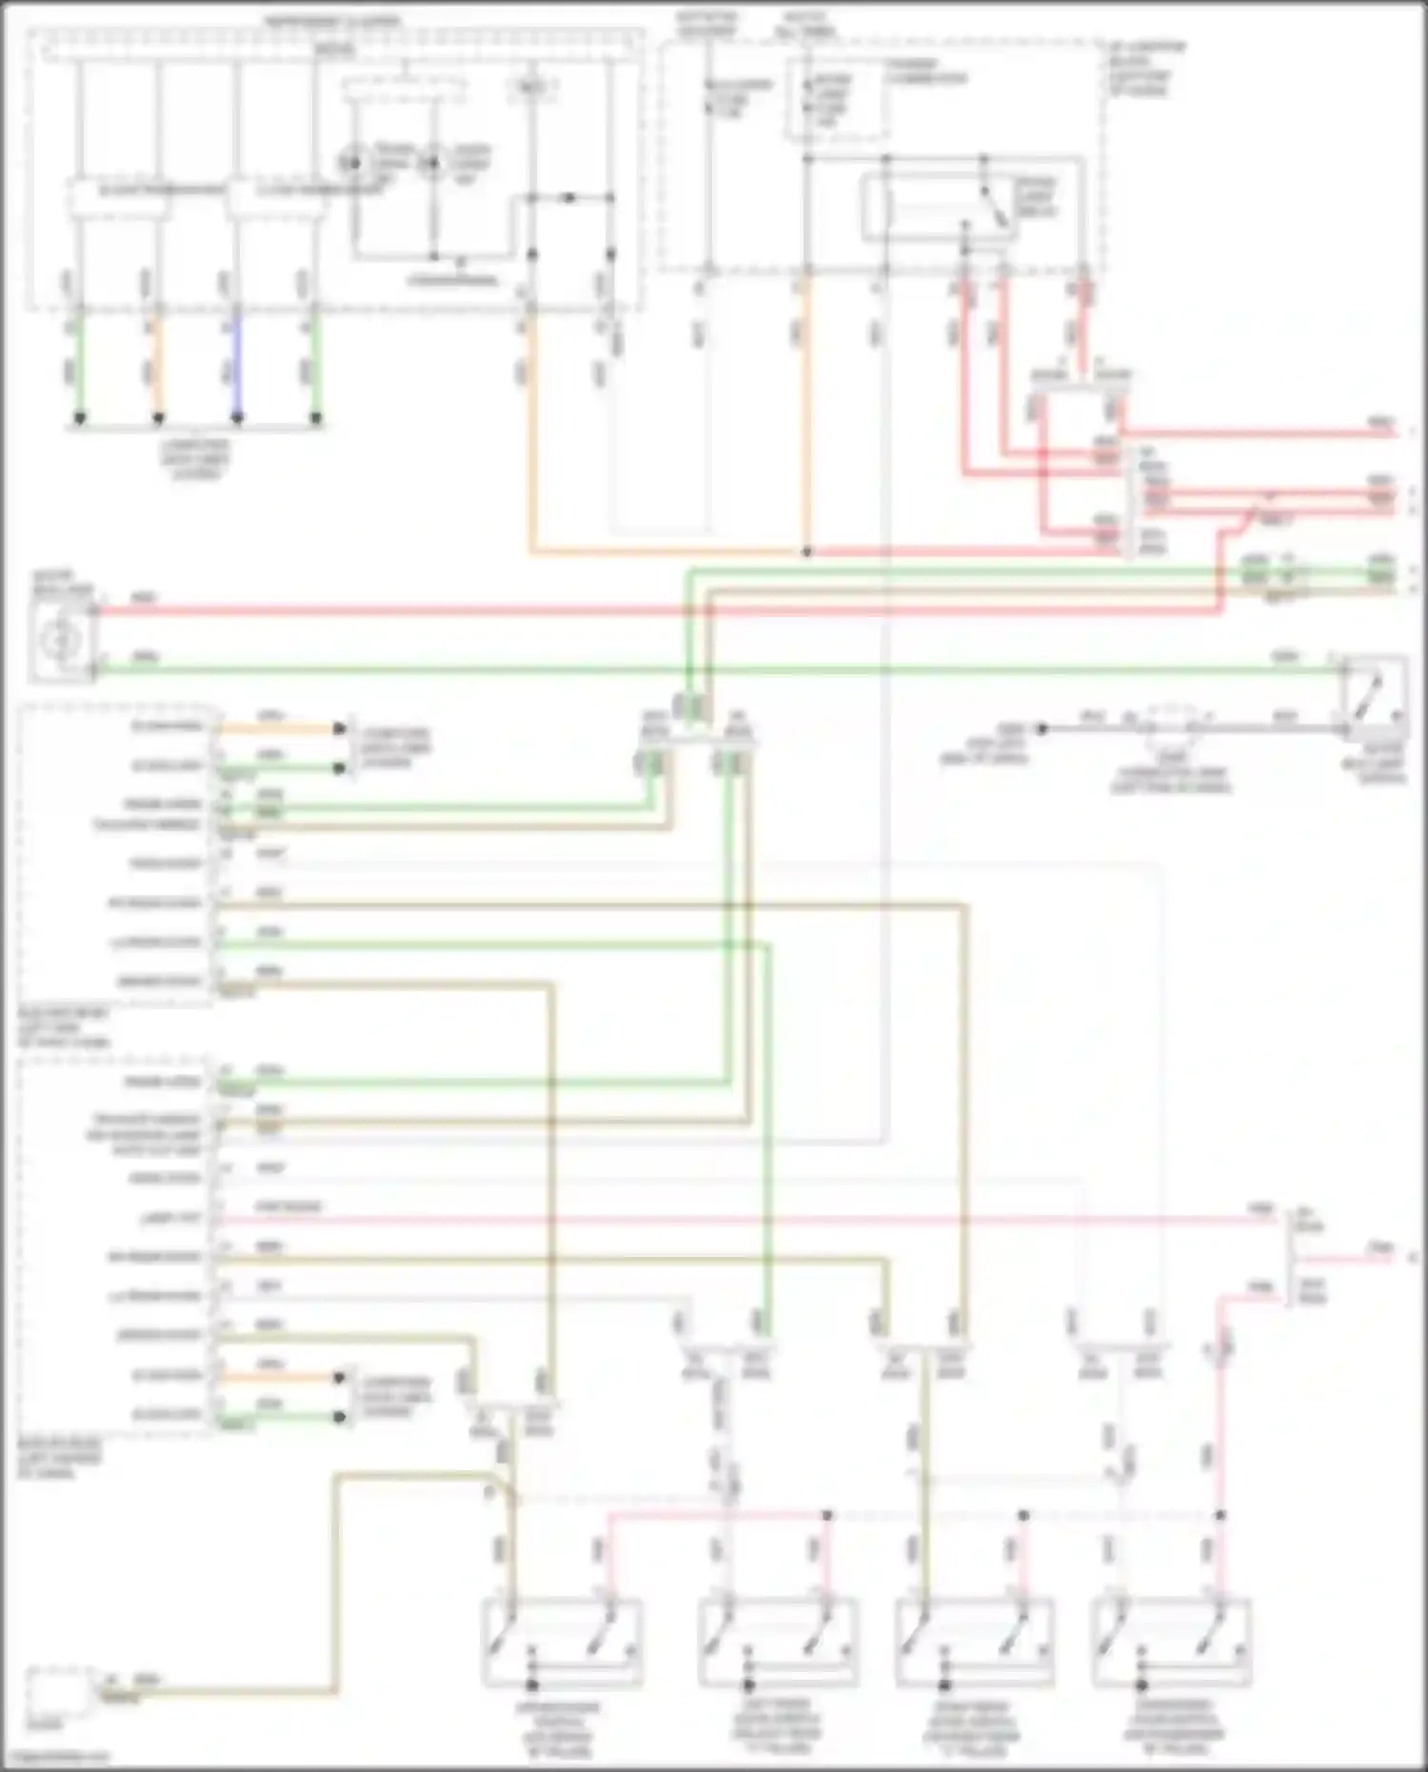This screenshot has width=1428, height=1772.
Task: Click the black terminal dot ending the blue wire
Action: (x=237, y=418)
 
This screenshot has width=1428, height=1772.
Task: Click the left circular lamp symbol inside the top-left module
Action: (x=354, y=163)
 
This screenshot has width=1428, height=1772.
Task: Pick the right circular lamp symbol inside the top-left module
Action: (x=433, y=163)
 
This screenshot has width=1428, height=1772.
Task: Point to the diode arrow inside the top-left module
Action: (x=568, y=198)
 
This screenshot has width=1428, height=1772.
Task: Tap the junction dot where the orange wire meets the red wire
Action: (x=807, y=551)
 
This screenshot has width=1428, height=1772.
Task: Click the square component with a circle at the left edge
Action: (x=60, y=641)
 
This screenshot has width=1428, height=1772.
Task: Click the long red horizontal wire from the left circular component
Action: (x=571, y=610)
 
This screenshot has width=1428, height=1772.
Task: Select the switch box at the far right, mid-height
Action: (x=1375, y=699)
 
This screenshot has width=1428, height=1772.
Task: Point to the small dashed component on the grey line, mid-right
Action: (x=1171, y=727)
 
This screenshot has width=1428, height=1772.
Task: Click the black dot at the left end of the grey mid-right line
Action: (x=1042, y=728)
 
